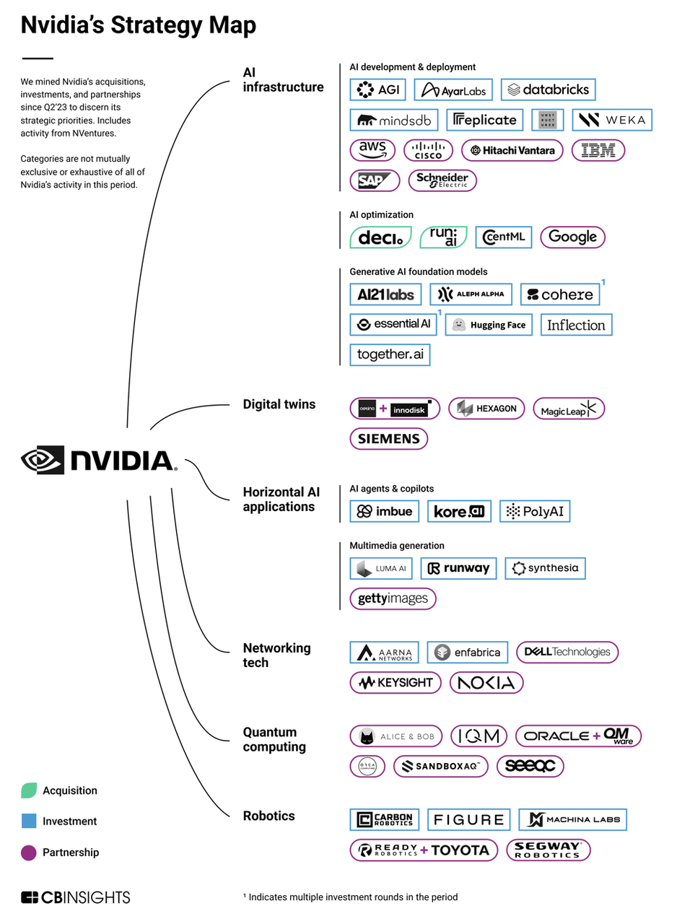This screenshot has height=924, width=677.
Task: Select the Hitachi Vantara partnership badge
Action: (512, 150)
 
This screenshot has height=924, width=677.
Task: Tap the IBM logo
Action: (598, 150)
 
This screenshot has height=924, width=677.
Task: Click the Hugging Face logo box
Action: (489, 325)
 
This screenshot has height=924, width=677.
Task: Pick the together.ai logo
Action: (390, 354)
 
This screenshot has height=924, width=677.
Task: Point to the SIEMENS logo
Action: (388, 438)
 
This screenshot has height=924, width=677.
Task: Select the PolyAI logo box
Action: (536, 512)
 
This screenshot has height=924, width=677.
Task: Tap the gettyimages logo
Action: (393, 598)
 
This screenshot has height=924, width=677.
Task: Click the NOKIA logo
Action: (486, 682)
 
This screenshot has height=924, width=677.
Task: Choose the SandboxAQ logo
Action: (440, 766)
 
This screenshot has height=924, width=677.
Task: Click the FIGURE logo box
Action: (468, 820)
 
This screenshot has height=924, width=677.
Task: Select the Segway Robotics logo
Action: (548, 850)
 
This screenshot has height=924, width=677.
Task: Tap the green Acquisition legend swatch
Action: (29, 790)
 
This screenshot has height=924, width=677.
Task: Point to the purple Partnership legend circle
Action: (29, 853)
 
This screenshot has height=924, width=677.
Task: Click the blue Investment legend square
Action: (29, 821)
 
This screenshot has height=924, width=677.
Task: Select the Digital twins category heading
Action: (279, 404)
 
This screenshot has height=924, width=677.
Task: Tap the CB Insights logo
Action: (76, 897)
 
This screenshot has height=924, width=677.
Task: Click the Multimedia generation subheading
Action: (397, 546)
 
